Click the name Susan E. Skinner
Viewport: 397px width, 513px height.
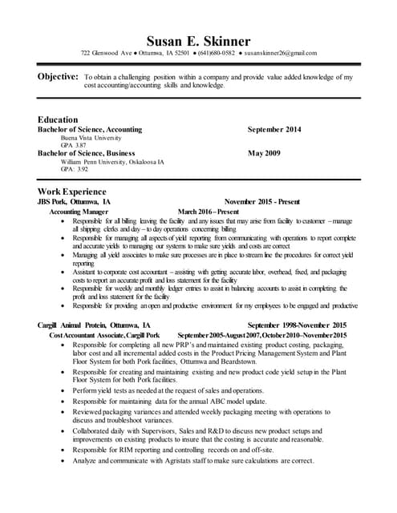point(198,40)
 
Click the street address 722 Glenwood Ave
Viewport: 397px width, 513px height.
point(107,54)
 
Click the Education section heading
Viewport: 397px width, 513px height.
point(58,119)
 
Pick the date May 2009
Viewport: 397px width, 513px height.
point(264,152)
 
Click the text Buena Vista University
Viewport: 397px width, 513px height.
point(78,137)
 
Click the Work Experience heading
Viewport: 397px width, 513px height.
point(72,192)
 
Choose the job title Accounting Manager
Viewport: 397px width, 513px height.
point(80,212)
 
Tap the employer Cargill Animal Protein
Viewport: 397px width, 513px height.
point(77,325)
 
